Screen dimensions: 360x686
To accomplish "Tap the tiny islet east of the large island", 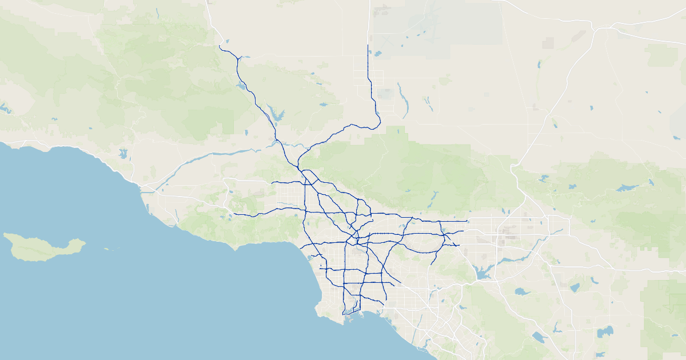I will point(106,249).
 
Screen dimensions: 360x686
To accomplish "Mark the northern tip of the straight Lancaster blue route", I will point(367,45).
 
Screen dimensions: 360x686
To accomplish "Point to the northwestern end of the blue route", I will point(220,46).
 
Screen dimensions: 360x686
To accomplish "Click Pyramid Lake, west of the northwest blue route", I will point(242,86).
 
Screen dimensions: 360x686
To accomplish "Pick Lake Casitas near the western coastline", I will point(122,154).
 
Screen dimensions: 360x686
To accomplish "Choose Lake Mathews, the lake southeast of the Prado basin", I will point(522,291).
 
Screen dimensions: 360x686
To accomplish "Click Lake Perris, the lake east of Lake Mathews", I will point(574,288).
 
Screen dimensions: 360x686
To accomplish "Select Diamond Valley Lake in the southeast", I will point(605,331).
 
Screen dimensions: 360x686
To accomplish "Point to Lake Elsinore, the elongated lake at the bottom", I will point(539,337).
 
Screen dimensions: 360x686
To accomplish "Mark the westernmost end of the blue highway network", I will point(234,214).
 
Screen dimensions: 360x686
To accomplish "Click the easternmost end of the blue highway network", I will point(468,221).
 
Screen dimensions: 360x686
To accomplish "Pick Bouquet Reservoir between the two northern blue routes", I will point(323,105).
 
